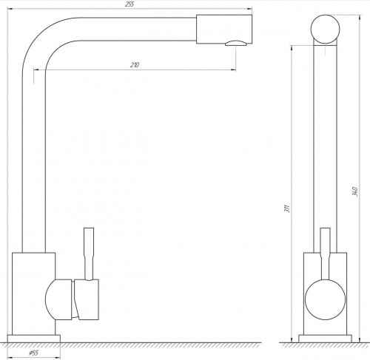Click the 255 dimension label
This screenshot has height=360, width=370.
pyautogui.click(x=129, y=4)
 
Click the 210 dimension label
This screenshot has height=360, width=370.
pyautogui.click(x=135, y=65)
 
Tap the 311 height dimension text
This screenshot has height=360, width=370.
pyautogui.click(x=287, y=208)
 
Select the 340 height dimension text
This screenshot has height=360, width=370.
pyautogui.click(x=355, y=191)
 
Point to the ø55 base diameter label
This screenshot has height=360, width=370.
pyautogui.click(x=34, y=353)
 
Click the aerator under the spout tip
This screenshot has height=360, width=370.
pyautogui.click(x=236, y=43)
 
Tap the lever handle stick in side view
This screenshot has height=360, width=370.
pyautogui.click(x=325, y=254)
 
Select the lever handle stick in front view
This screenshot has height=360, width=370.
pyautogui.click(x=89, y=254)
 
